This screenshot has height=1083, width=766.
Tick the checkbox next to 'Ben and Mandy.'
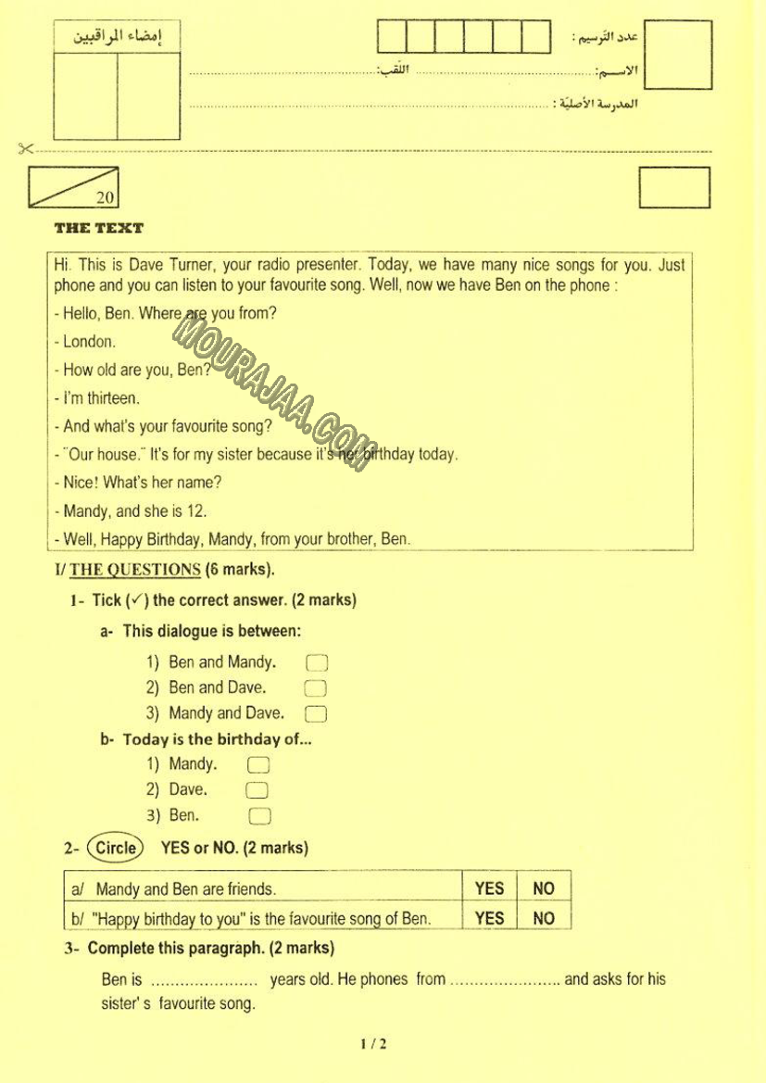[316, 662]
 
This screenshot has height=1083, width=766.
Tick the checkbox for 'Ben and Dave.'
[316, 688]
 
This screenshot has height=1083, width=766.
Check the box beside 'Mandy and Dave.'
[316, 713]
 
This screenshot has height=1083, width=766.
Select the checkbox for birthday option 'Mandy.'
[258, 765]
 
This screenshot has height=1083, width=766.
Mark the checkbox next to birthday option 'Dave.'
[258, 790]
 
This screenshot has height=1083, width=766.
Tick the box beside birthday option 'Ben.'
[259, 816]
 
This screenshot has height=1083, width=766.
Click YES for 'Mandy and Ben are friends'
[489, 888]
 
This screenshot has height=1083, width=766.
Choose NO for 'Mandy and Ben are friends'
[544, 888]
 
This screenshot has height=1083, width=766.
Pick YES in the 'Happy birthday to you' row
[489, 918]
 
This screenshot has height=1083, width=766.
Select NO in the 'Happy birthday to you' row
[544, 918]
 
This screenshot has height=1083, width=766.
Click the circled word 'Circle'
[116, 847]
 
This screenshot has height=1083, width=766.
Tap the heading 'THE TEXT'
[99, 228]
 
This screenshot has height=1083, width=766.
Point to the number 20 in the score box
[105, 197]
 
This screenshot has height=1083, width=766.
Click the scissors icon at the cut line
[25, 148]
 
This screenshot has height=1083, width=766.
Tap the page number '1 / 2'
[373, 1044]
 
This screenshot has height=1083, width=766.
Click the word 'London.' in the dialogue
[89, 342]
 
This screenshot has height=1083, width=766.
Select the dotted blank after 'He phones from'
[505, 980]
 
